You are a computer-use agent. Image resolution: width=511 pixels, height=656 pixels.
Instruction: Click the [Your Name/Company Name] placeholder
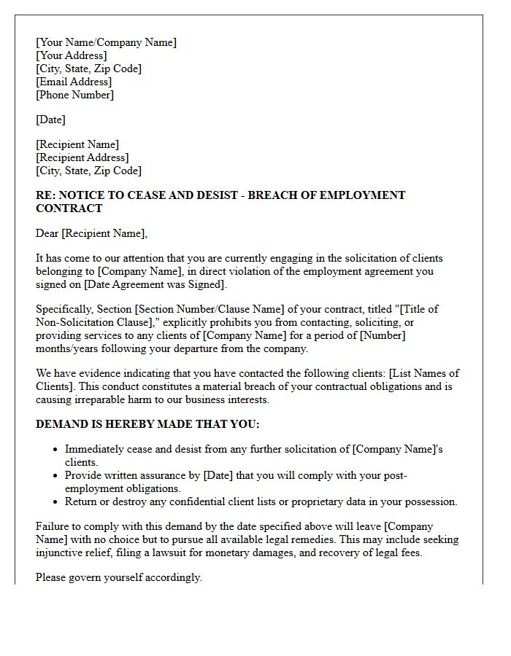(106, 42)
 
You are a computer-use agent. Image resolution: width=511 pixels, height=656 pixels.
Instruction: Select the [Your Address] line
(71, 55)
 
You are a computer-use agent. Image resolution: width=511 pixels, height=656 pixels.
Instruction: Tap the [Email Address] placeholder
(74, 82)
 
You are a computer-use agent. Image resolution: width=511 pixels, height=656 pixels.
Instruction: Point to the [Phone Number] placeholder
(74, 95)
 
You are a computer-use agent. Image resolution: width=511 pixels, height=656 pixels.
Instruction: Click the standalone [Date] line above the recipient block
(50, 120)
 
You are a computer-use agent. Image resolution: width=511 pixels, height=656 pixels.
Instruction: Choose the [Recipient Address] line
(82, 157)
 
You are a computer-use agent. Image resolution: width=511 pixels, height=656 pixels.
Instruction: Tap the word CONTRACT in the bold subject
(69, 208)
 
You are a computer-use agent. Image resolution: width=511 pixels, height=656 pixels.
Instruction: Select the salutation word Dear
(47, 233)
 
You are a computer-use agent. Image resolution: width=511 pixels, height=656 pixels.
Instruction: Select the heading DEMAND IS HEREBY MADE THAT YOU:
(147, 424)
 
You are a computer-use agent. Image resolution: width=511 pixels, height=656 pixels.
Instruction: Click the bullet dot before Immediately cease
(55, 450)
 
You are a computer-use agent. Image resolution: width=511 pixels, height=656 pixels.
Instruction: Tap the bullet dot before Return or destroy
(55, 502)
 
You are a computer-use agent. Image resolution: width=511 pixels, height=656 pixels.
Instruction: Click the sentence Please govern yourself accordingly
(118, 577)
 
